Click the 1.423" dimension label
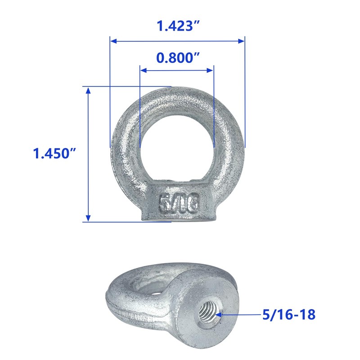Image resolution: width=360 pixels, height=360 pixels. [177, 27]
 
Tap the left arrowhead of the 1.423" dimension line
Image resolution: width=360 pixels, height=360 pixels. [113, 41]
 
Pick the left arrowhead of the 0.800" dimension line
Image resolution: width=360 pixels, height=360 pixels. [144, 70]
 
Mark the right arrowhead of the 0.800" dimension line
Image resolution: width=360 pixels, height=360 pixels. [210, 70]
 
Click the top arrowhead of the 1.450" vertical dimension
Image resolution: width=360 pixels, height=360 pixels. [88, 90]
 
